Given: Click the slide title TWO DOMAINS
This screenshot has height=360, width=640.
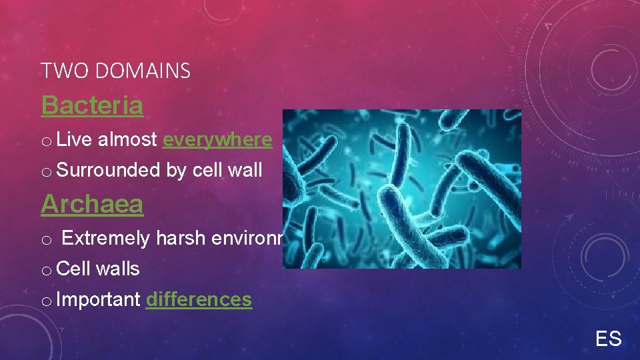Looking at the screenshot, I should [x=115, y=70].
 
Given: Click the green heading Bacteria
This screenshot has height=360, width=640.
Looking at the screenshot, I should [x=92, y=105].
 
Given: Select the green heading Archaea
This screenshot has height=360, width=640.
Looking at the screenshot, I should [x=92, y=204].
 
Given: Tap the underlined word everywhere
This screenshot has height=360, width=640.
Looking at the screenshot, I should [x=217, y=139].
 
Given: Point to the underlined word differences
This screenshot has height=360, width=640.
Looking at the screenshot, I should [x=199, y=299].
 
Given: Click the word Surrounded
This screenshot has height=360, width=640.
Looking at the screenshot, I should [x=109, y=170].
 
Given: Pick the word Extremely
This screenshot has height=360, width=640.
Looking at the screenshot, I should [x=106, y=238].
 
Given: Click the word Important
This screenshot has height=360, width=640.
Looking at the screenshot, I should [x=99, y=299].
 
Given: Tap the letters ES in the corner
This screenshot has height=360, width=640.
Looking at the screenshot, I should [x=608, y=339].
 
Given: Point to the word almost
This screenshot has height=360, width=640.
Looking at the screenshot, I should [x=127, y=139].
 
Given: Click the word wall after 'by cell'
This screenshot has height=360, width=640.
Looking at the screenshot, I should [x=245, y=170].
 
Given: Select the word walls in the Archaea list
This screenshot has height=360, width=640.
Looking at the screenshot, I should [x=118, y=269].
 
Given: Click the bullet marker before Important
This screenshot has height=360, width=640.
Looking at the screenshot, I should [x=45, y=301].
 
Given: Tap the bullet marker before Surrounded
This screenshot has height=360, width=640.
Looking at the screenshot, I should [x=45, y=171].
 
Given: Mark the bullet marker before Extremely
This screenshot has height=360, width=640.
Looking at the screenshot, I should [x=45, y=239].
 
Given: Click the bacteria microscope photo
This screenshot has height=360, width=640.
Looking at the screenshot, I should [x=401, y=189].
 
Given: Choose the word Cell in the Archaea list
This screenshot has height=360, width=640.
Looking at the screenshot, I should [x=74, y=269].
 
